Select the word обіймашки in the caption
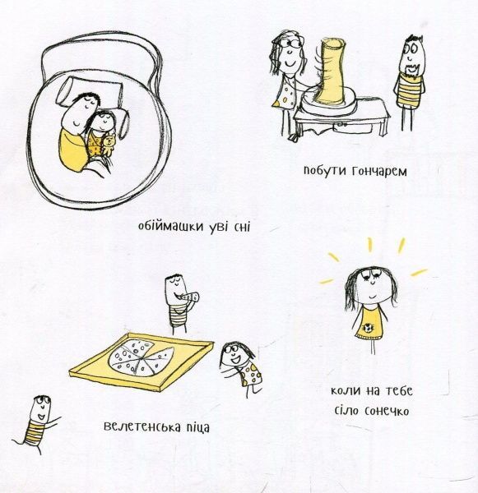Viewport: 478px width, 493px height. tap(171, 227)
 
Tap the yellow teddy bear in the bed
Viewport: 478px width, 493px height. tap(109, 145)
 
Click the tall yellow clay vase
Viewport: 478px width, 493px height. tap(330, 71)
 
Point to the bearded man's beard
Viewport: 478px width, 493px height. tap(411, 71)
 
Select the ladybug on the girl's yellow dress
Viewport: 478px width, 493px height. tap(369, 329)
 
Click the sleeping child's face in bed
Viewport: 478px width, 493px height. tap(104, 122)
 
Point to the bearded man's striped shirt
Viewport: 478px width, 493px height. tap(409, 92)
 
